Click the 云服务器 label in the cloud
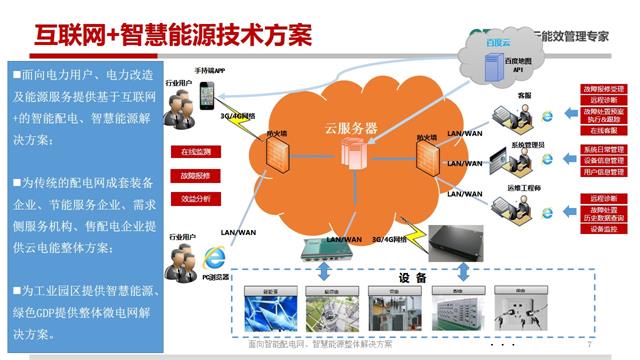click(x=351, y=129)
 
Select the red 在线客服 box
click(x=602, y=131)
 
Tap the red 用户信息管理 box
click(x=602, y=172)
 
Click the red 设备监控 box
click(x=602, y=228)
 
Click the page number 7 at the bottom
click(x=590, y=345)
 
